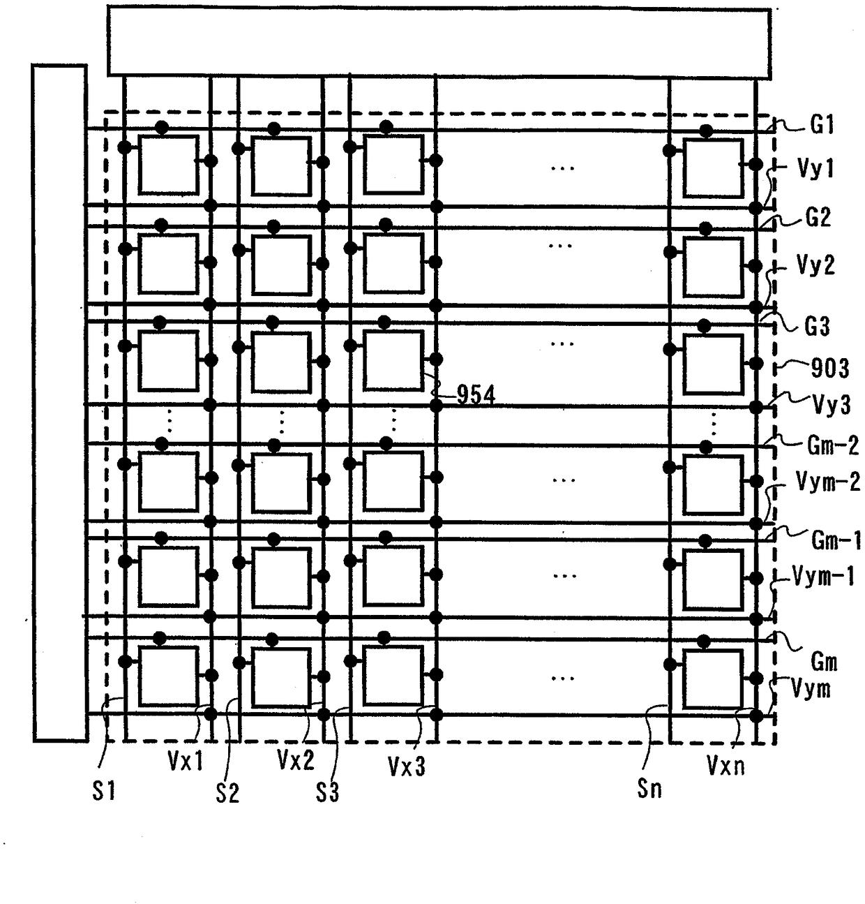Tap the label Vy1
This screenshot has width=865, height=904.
pyautogui.click(x=815, y=168)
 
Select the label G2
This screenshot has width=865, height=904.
pyautogui.click(x=818, y=218)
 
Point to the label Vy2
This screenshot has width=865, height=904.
pyautogui.click(x=815, y=266)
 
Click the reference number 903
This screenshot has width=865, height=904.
pyautogui.click(x=829, y=368)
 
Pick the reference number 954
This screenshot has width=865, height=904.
pyautogui.click(x=476, y=395)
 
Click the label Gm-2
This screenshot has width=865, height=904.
pyautogui.click(x=832, y=445)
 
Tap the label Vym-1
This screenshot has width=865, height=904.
pyautogui.click(x=823, y=577)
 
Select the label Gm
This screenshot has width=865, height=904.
pyautogui.click(x=824, y=661)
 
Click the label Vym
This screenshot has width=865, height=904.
pyautogui.click(x=811, y=689)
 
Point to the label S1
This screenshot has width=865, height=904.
pyautogui.click(x=104, y=791)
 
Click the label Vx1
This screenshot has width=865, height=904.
pyautogui.click(x=185, y=761)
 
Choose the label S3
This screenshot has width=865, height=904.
pyautogui.click(x=327, y=792)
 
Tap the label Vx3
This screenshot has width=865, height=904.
pyautogui.click(x=406, y=766)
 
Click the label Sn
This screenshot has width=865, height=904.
pyautogui.click(x=649, y=789)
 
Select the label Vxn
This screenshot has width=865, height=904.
pyautogui.click(x=725, y=766)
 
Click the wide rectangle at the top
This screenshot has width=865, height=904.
pyautogui.click(x=439, y=42)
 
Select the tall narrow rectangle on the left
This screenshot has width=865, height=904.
pyautogui.click(x=59, y=402)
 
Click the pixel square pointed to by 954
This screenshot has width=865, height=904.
pyautogui.click(x=393, y=360)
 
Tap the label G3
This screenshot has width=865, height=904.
pyautogui.click(x=817, y=326)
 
